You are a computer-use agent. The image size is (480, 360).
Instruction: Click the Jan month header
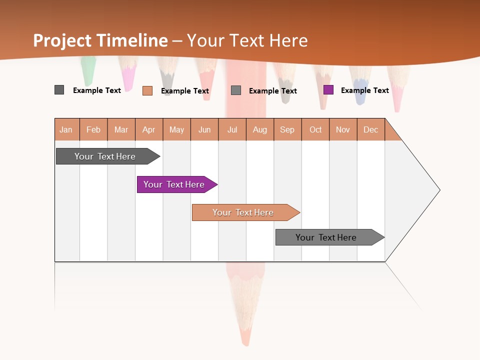tap(66, 129)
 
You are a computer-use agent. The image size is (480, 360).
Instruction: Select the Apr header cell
tap(149, 129)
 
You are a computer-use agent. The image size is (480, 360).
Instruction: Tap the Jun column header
tap(204, 129)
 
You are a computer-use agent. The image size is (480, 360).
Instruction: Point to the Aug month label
tap(260, 129)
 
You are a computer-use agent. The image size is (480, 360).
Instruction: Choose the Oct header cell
tap(315, 129)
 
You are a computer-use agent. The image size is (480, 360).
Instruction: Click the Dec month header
tap(371, 129)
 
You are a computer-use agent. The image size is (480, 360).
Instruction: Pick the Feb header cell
tap(93, 129)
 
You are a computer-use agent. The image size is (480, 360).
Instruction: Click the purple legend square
tap(328, 90)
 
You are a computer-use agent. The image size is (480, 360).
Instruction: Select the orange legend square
tap(147, 90)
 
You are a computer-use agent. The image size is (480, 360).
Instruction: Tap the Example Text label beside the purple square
tap(364, 90)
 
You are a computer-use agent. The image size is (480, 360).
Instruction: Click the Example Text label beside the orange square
tap(184, 91)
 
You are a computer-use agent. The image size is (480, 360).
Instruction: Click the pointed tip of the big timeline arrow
tap(438, 190)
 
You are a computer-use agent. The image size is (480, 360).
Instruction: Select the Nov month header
tap(343, 129)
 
